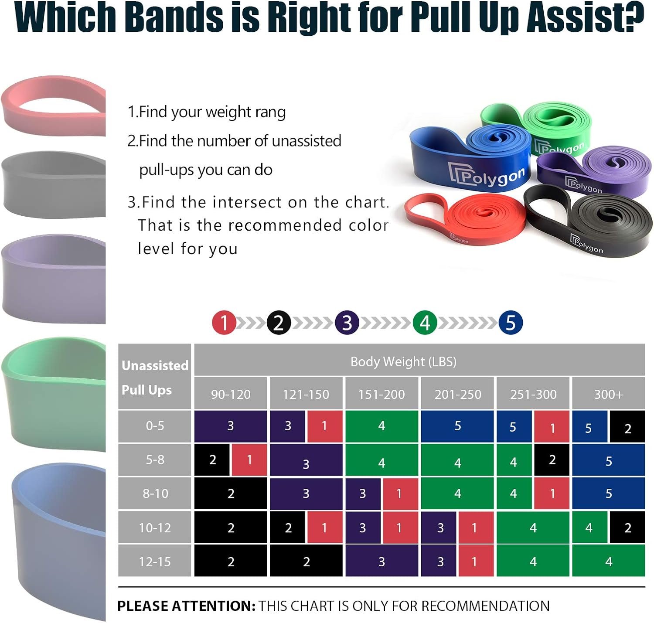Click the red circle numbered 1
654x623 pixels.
point(224,323)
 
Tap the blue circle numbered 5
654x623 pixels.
point(511,323)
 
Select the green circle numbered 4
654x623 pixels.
point(425,323)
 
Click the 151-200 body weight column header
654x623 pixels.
point(381,394)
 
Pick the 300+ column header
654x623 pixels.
point(608,394)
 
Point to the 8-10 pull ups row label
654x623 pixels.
point(155,493)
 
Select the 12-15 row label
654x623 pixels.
point(155,562)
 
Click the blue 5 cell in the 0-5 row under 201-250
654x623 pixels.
point(457,426)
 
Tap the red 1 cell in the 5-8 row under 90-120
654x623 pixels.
point(249,460)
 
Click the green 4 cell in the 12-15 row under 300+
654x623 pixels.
point(608,561)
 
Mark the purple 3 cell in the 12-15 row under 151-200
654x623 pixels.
point(381,561)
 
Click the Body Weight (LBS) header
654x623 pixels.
point(403,361)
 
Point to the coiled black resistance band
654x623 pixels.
point(588,221)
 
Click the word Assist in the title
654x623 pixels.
point(585,17)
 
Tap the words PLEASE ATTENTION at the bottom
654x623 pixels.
point(186,606)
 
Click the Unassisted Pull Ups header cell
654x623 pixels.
point(155,377)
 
